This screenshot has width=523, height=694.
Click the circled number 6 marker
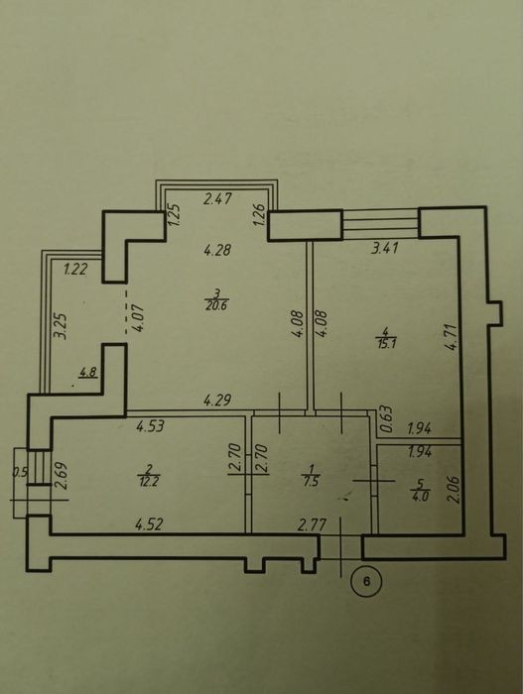(366, 581)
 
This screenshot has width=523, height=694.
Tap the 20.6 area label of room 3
(216, 305)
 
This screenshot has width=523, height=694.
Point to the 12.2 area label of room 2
(149, 482)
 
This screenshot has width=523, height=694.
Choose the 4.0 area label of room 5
(420, 496)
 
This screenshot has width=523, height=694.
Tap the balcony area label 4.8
(87, 373)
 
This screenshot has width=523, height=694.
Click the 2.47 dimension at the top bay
(217, 198)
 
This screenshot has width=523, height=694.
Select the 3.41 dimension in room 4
(385, 248)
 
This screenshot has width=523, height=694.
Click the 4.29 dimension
(217, 401)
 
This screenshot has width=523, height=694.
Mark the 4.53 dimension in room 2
(150, 426)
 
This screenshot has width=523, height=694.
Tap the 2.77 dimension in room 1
(312, 525)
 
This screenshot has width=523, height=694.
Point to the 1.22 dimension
(75, 269)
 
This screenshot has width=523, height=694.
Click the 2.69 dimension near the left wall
(62, 475)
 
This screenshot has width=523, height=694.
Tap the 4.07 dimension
(137, 316)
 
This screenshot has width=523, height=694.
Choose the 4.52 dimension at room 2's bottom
(149, 524)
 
